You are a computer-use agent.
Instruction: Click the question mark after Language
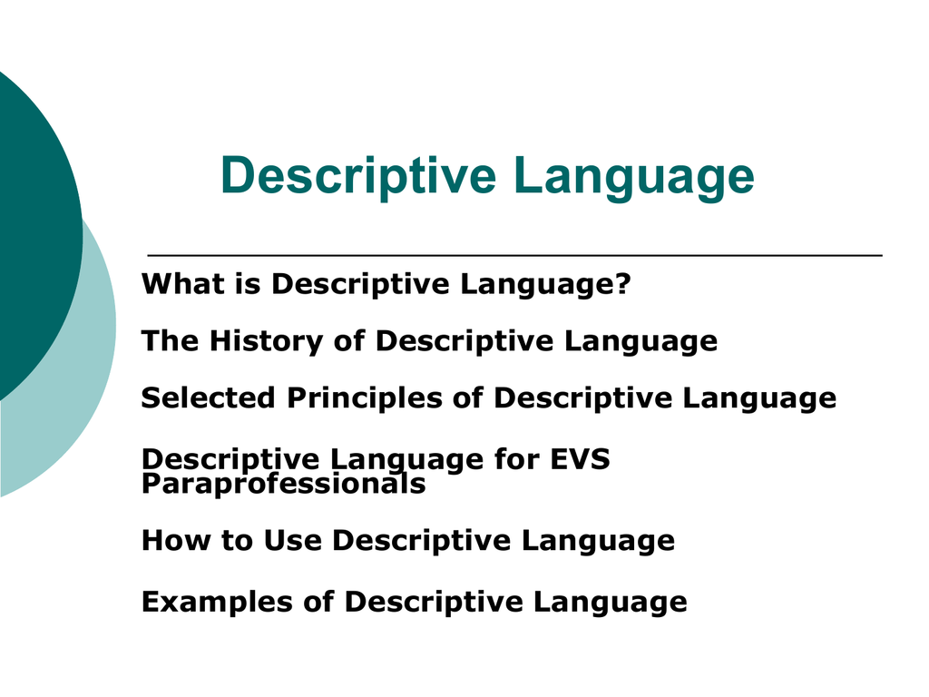coord(623,283)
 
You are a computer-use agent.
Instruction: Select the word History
coord(266,341)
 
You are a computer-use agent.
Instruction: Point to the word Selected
coord(208,398)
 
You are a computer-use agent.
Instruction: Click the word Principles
coord(365,398)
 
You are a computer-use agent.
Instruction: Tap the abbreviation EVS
coord(580,459)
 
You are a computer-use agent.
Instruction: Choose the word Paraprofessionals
coord(283,484)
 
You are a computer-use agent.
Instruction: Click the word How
coord(176,541)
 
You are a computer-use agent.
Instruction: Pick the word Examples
coord(217,603)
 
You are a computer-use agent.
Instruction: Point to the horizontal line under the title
coord(515,255)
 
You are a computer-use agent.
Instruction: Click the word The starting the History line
coord(170,341)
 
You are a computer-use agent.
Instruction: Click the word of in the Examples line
coord(318,603)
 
